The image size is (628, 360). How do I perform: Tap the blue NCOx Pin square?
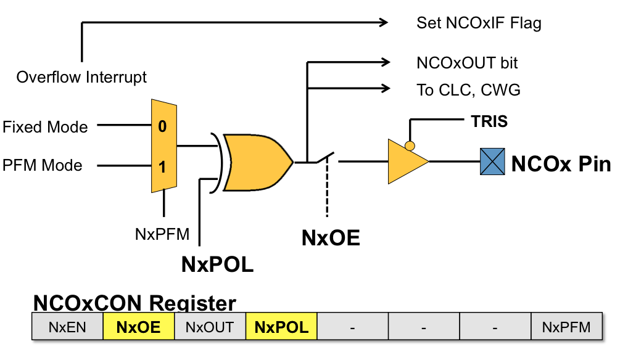[492, 162]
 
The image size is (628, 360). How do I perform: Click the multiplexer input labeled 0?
[162, 127]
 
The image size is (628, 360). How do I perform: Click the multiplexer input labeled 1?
[162, 166]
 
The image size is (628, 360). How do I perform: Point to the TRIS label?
[489, 121]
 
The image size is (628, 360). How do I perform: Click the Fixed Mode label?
[46, 127]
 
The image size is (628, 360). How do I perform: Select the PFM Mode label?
[42, 165]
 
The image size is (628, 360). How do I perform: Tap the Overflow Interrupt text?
[81, 77]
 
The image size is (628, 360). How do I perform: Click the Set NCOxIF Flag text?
[479, 23]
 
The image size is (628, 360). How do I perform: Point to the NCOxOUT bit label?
[467, 63]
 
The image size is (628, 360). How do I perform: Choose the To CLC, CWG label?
[468, 90]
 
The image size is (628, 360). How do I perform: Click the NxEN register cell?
[67, 327]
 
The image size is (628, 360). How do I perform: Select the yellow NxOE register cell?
[139, 327]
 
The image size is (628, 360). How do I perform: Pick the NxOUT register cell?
[210, 327]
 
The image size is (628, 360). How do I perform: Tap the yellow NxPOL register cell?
[281, 327]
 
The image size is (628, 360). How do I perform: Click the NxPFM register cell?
[566, 327]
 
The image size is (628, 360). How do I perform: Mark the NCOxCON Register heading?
[134, 303]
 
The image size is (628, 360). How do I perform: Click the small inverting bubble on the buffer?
[408, 145]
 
